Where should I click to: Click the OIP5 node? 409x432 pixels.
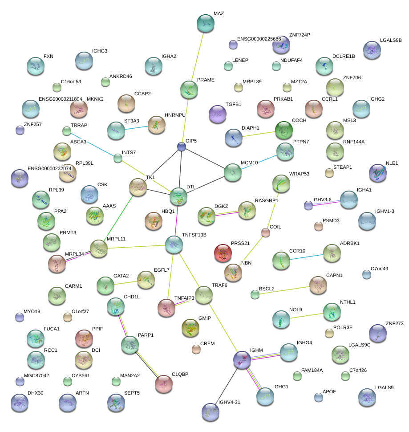181,146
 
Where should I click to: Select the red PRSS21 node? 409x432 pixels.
223,253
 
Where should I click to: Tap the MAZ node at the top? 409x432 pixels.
205,24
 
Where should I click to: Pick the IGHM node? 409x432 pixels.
243,360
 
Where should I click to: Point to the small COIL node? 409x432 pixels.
266,232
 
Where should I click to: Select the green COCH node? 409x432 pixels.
284,130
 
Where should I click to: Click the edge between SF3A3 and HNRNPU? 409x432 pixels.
136,128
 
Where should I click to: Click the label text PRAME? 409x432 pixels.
206,80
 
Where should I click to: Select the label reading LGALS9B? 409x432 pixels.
391,40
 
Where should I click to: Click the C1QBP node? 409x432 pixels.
164,384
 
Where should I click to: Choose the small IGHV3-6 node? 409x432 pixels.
308,205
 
